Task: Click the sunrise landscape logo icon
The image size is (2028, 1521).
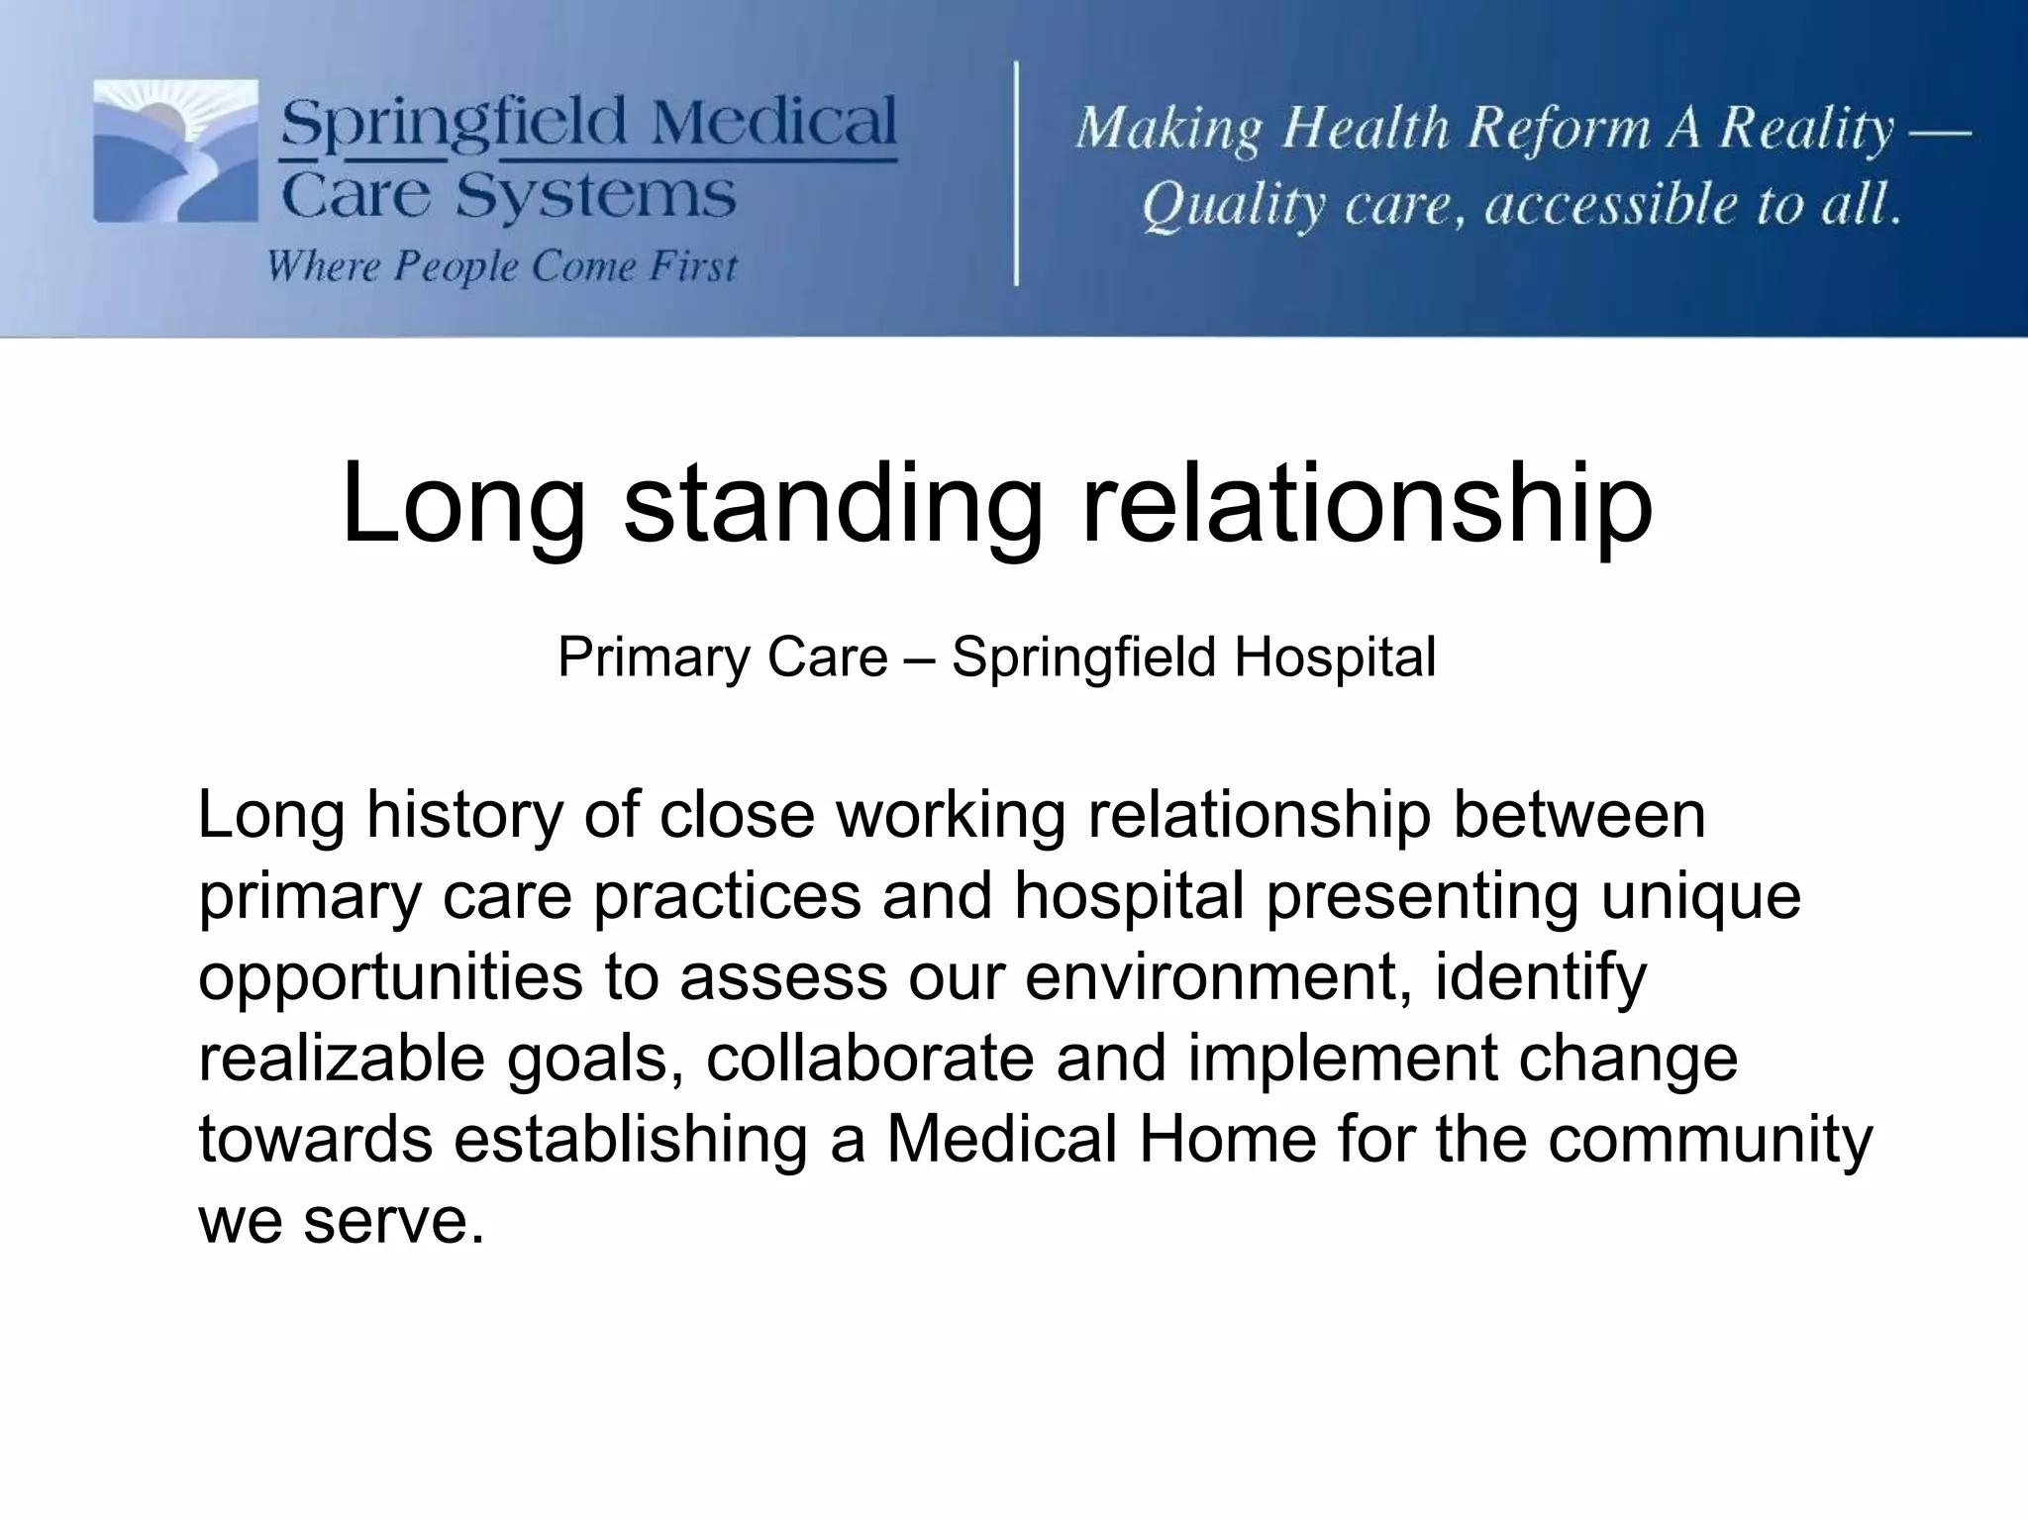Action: coord(175,151)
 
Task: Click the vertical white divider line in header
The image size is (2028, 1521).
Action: coord(1017,173)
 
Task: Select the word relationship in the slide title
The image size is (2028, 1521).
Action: coord(1367,504)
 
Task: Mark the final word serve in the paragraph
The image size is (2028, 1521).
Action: coord(394,1221)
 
